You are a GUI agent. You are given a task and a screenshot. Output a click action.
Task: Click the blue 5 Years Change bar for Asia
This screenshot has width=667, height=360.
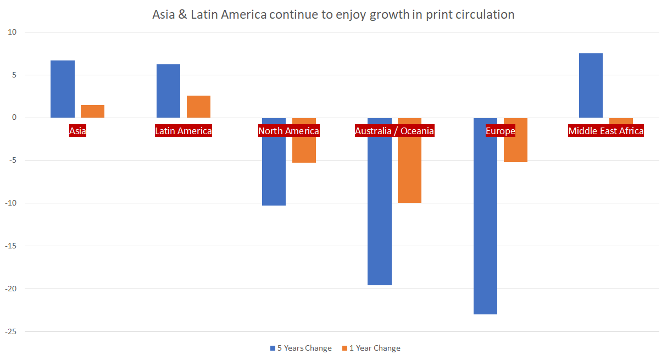pyautogui.click(x=63, y=89)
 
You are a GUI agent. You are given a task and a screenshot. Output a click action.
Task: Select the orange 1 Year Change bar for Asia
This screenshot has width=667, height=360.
pyautogui.click(x=92, y=111)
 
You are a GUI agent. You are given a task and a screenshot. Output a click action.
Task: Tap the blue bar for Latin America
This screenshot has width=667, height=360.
pyautogui.click(x=168, y=91)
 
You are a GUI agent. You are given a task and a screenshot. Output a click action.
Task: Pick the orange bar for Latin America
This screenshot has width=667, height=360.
pyautogui.click(x=198, y=107)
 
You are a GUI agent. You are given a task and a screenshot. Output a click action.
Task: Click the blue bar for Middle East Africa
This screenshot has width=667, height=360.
pyautogui.click(x=591, y=85)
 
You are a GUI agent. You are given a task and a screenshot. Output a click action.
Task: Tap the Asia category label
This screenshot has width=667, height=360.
pyautogui.click(x=77, y=131)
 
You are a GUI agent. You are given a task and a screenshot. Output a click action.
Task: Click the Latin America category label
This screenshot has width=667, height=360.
pyautogui.click(x=184, y=131)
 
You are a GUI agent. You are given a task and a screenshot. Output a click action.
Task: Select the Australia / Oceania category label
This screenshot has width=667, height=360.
pyautogui.click(x=394, y=131)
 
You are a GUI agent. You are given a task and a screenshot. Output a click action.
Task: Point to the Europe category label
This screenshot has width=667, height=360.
pyautogui.click(x=500, y=131)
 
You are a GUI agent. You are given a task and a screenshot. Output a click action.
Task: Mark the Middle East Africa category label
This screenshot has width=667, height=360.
pyautogui.click(x=605, y=131)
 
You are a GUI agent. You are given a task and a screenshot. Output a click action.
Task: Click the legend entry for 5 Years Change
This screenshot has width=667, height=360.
pyautogui.click(x=301, y=348)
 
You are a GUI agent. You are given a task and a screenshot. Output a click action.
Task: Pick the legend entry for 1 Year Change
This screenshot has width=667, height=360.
pyautogui.click(x=371, y=348)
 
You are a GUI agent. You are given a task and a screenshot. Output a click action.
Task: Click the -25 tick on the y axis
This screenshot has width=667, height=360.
pyautogui.click(x=12, y=332)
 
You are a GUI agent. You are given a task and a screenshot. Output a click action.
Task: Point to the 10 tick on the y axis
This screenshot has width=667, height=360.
pyautogui.click(x=13, y=32)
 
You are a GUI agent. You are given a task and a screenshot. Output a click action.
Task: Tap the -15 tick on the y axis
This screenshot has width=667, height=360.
pyautogui.click(x=12, y=246)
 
